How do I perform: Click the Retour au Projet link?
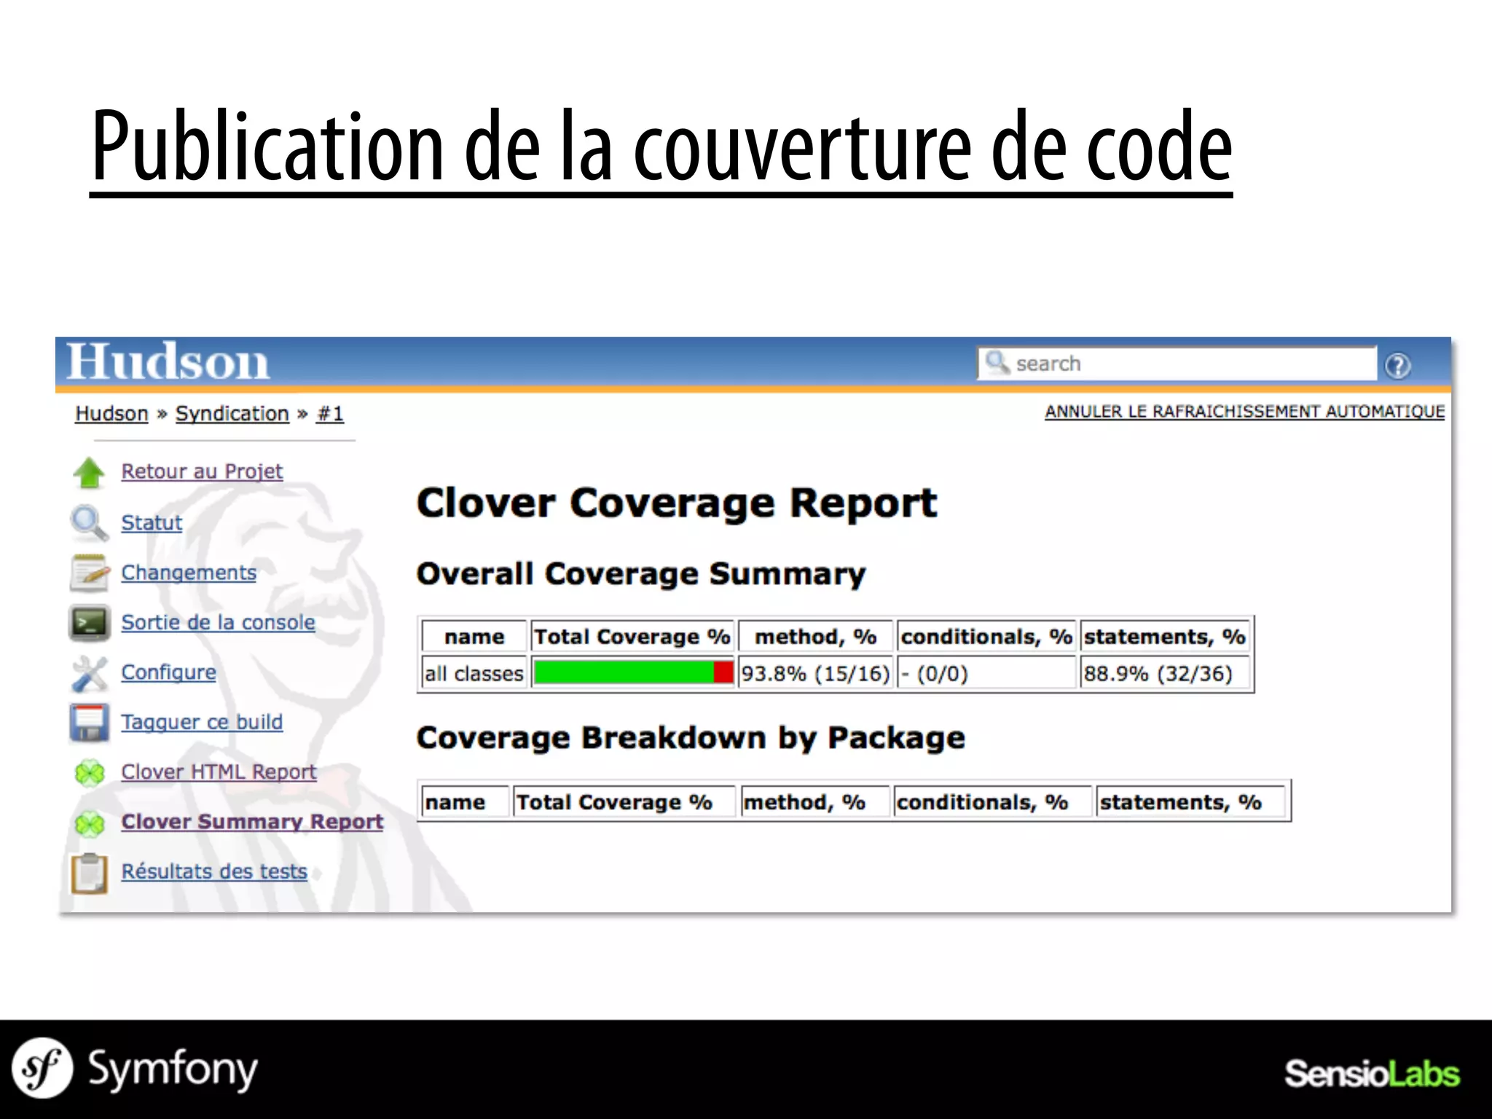pyautogui.click(x=202, y=471)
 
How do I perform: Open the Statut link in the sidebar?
pyautogui.click(x=152, y=522)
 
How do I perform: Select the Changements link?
pyautogui.click(x=189, y=573)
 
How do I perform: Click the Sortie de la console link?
pyautogui.click(x=218, y=622)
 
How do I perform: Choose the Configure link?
pyautogui.click(x=168, y=672)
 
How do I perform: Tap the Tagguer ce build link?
pyautogui.click(x=202, y=722)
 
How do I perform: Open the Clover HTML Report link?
pyautogui.click(x=219, y=771)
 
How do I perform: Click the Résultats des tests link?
pyautogui.click(x=214, y=871)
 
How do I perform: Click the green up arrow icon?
pyautogui.click(x=89, y=473)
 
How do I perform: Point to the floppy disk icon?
pyautogui.click(x=89, y=723)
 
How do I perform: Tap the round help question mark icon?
pyautogui.click(x=1397, y=365)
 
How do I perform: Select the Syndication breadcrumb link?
pyautogui.click(x=232, y=414)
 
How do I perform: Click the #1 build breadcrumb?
pyautogui.click(x=330, y=414)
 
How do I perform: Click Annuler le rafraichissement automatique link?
pyautogui.click(x=1244, y=412)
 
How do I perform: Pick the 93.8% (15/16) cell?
pyautogui.click(x=815, y=673)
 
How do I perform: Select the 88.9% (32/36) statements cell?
pyautogui.click(x=1158, y=673)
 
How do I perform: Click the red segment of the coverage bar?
pyautogui.click(x=723, y=672)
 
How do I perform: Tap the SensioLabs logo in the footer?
pyautogui.click(x=1371, y=1074)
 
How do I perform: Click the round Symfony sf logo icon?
pyautogui.click(x=42, y=1069)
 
